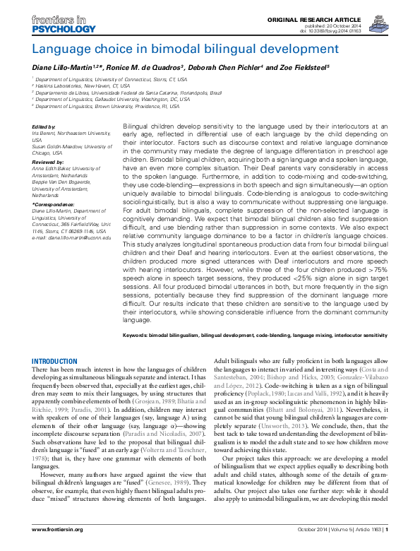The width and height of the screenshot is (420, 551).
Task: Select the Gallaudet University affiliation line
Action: (105, 100)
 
